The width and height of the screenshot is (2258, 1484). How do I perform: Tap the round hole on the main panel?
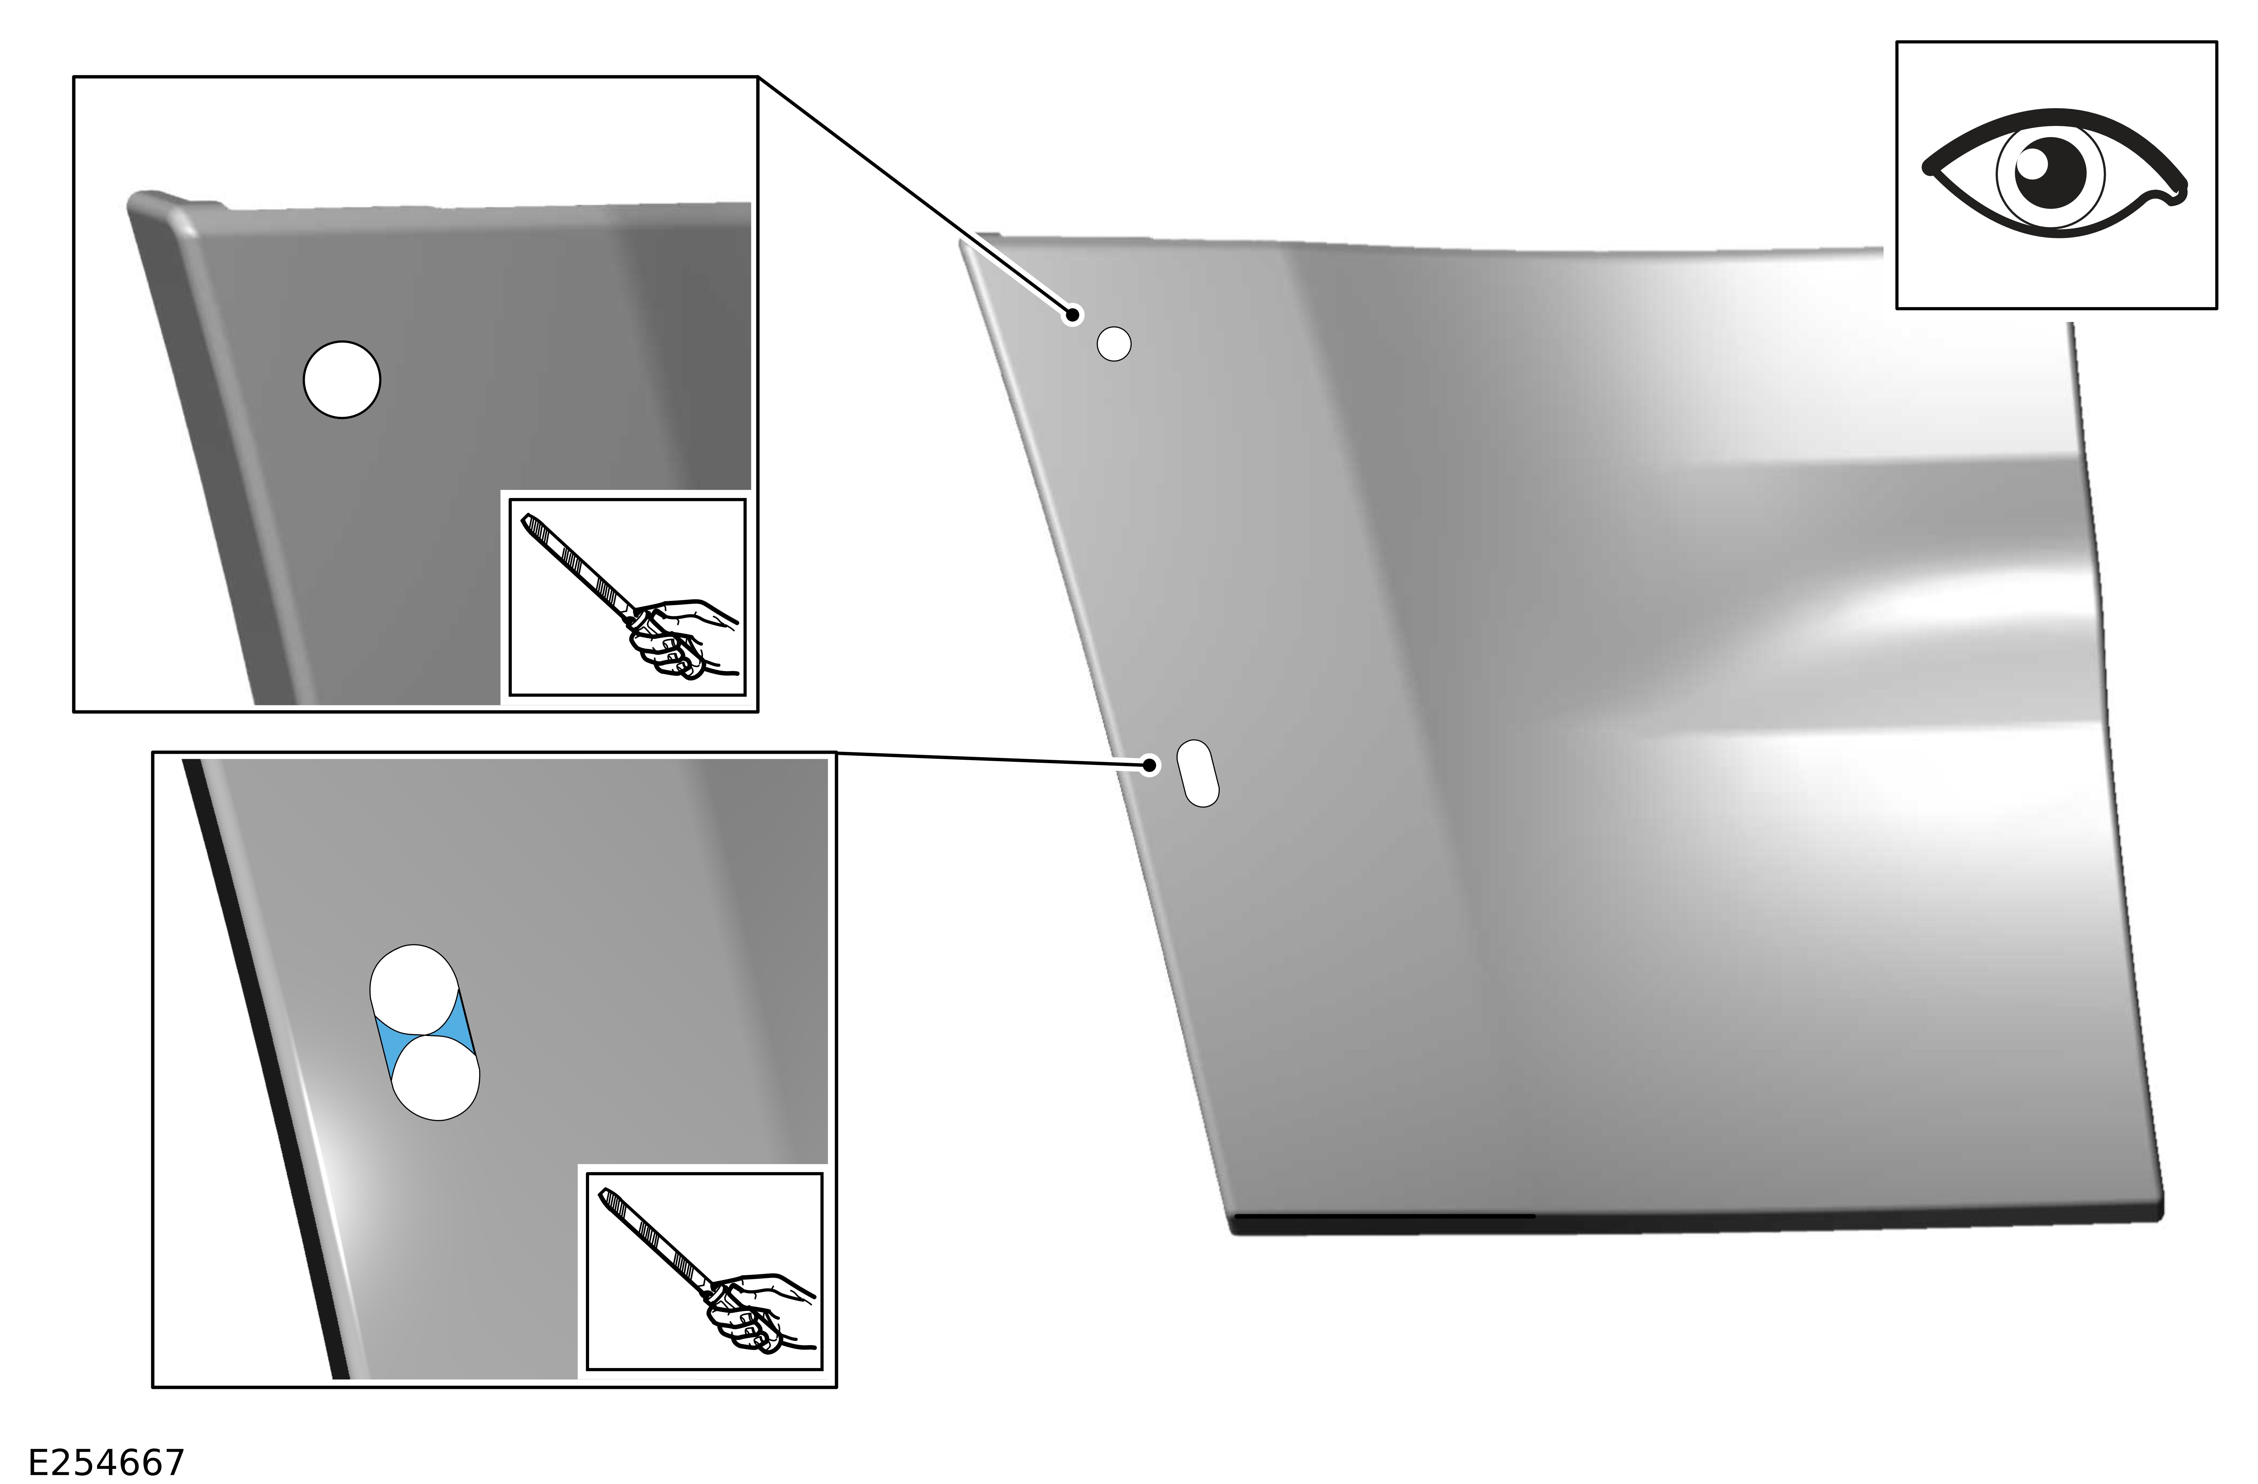(1114, 343)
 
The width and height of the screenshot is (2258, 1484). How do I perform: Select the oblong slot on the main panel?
(1197, 773)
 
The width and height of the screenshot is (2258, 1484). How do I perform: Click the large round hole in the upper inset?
(341, 379)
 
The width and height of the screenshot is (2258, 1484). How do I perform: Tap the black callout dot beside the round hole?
(1072, 314)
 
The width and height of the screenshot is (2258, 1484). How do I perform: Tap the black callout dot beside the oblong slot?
(1150, 765)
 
